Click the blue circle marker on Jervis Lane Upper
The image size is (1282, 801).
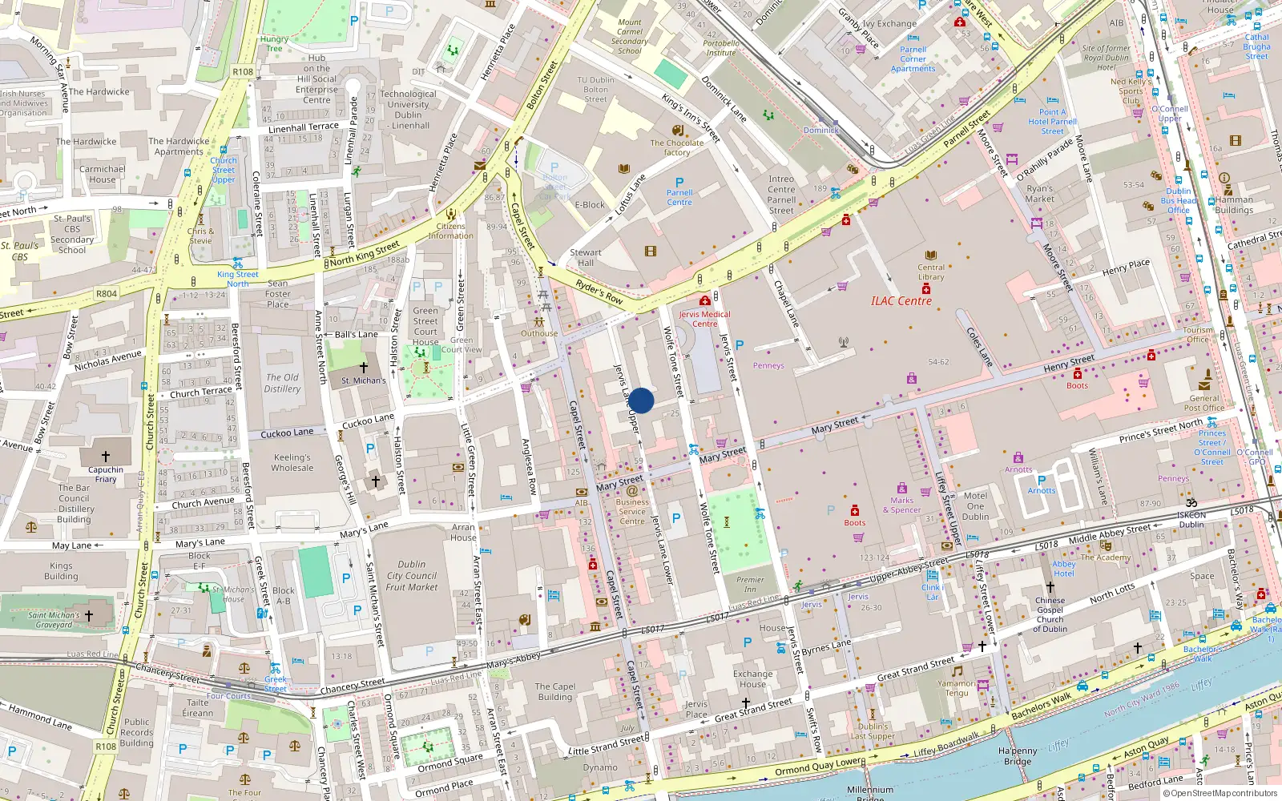(641, 400)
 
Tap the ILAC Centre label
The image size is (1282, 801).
(901, 301)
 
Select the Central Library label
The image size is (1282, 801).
(930, 272)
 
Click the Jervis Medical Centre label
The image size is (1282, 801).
(705, 319)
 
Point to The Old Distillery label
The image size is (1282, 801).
(282, 383)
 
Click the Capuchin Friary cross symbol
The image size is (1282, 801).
(106, 457)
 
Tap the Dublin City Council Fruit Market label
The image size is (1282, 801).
(412, 575)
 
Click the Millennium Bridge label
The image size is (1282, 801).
(869, 793)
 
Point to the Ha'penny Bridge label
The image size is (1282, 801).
(1018, 756)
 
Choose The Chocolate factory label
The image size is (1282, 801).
(676, 147)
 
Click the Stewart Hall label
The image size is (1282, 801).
(586, 257)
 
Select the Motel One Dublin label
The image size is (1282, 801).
(975, 506)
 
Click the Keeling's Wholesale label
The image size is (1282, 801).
(292, 462)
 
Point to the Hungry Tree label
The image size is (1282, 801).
(274, 43)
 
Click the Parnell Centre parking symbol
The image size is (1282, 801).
(679, 183)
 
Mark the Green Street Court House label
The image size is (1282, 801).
(425, 326)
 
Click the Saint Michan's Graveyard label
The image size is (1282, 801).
(54, 620)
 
